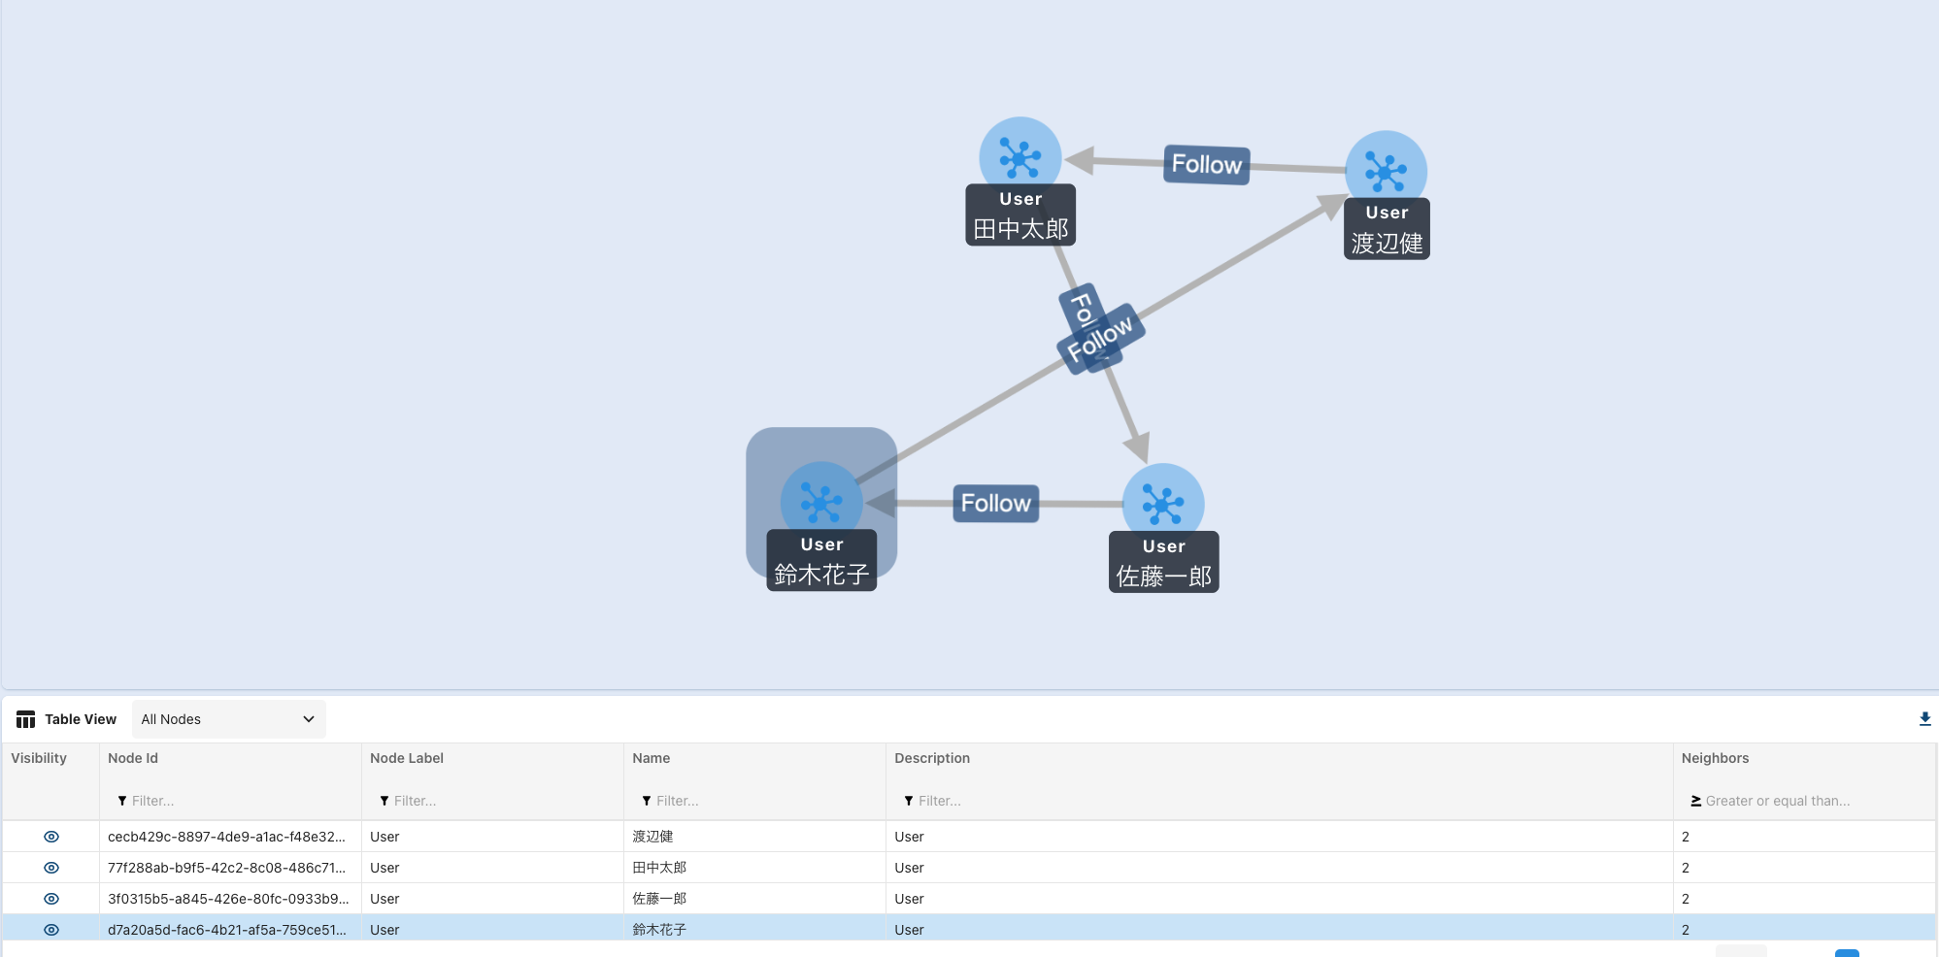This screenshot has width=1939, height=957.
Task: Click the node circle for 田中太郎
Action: click(1020, 155)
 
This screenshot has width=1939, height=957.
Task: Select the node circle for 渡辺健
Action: click(1386, 170)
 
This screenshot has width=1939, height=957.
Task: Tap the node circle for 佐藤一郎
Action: click(1163, 503)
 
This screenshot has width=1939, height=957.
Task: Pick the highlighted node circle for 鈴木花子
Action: click(821, 501)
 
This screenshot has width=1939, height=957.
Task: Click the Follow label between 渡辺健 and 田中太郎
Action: click(1206, 164)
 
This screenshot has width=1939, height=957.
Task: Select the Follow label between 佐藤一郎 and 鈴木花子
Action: click(995, 504)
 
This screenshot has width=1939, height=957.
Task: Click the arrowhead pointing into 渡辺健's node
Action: click(1330, 207)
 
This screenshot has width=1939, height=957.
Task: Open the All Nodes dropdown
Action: click(228, 719)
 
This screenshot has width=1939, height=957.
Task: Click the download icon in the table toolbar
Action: click(1924, 719)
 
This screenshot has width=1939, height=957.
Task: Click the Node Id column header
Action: click(133, 758)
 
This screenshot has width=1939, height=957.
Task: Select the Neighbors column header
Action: click(1715, 758)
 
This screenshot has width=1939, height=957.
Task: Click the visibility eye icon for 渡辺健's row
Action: click(51, 837)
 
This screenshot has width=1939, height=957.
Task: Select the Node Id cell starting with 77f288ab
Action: click(226, 868)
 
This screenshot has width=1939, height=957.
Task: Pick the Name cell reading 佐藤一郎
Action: click(659, 899)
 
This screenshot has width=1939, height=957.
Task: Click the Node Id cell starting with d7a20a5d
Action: click(226, 930)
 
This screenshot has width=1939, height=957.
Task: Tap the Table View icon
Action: click(26, 719)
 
